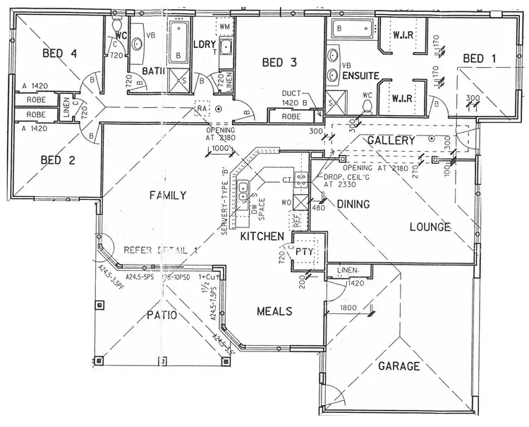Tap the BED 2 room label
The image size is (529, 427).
point(59,160)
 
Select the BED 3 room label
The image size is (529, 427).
point(279,62)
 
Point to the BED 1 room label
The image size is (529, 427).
point(480,59)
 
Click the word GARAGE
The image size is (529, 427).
point(399,366)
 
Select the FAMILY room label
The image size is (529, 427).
point(167,196)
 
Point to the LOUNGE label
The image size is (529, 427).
point(430,227)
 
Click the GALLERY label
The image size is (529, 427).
point(391,141)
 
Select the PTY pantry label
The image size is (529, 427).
point(304,251)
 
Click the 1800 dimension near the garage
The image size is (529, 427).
point(348,308)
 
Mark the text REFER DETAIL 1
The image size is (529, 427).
point(161,250)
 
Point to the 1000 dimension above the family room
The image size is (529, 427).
point(221,149)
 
